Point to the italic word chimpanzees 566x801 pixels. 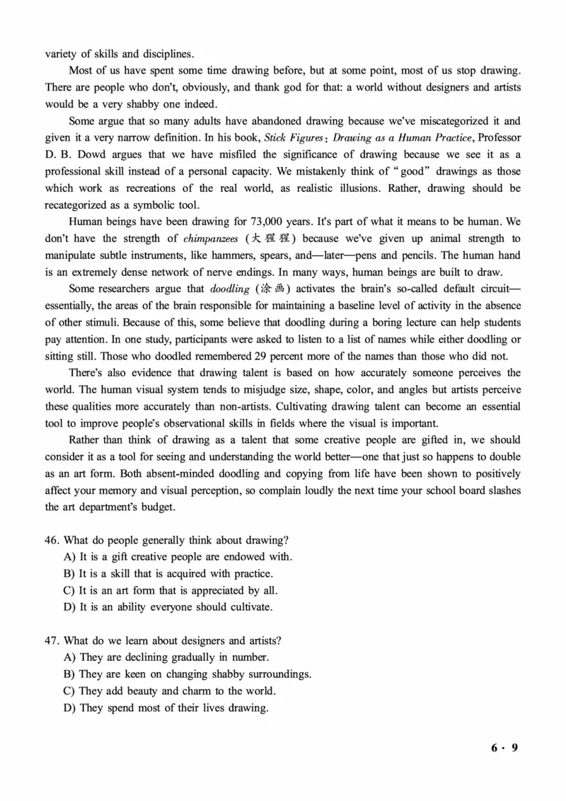211,238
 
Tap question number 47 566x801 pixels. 52,640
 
